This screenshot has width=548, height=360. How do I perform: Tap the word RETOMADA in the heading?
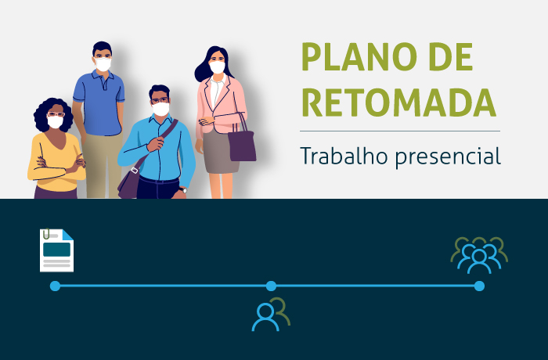[398, 103]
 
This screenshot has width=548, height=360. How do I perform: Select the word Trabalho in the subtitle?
[344, 156]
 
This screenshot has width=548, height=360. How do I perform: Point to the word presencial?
[448, 157]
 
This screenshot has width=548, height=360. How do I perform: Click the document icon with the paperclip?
[56, 250]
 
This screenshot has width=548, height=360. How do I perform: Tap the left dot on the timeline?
[55, 286]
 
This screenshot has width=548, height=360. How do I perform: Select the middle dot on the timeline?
[271, 286]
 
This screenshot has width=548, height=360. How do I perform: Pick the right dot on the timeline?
[479, 286]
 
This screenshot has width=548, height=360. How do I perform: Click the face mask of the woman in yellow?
[56, 122]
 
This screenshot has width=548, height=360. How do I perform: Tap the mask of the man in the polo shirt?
[103, 65]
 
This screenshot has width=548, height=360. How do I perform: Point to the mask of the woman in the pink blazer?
[218, 67]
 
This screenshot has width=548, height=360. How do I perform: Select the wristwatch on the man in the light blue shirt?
[183, 190]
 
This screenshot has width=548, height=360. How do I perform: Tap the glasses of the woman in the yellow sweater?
[56, 114]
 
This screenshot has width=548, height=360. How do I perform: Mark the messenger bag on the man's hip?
[129, 183]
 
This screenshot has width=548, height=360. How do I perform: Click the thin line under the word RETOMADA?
[400, 131]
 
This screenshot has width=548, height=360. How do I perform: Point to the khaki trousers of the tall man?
[103, 166]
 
